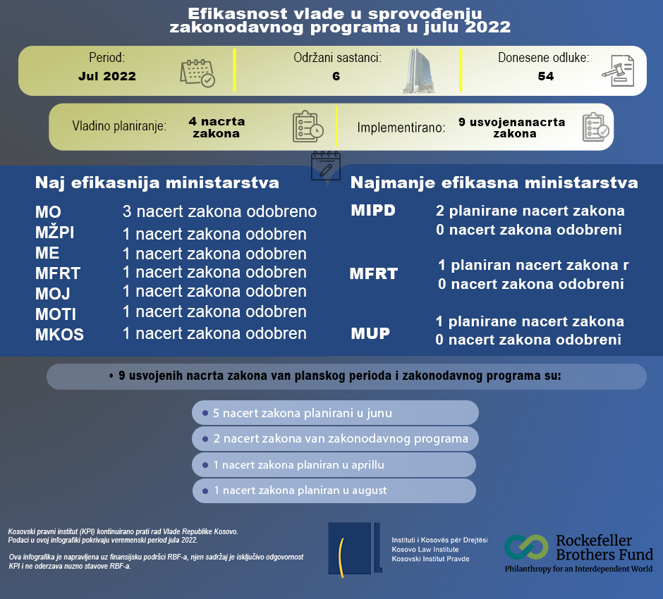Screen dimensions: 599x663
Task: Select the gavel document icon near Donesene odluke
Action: [x=618, y=72]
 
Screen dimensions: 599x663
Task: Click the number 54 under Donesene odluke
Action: [x=545, y=76]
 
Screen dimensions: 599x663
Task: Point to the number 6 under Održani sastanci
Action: [x=336, y=76]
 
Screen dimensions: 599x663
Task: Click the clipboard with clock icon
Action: [x=308, y=127]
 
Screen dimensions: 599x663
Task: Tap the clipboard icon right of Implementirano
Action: [x=595, y=128]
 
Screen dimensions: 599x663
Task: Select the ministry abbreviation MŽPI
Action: [x=54, y=233]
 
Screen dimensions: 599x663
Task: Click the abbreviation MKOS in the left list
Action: [x=59, y=335]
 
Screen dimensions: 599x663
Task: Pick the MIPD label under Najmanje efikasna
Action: [x=373, y=211]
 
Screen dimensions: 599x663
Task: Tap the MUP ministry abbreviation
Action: [x=370, y=333]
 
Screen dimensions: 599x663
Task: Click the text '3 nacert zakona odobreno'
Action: [x=219, y=211]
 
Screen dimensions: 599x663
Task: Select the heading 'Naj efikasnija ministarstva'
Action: [x=157, y=183]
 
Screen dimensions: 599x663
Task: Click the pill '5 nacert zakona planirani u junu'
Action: [x=335, y=413]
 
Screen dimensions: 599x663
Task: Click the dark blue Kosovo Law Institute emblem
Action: [x=354, y=547]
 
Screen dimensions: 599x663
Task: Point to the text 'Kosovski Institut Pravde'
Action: [x=430, y=559]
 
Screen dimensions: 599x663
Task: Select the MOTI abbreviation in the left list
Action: [x=56, y=314]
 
